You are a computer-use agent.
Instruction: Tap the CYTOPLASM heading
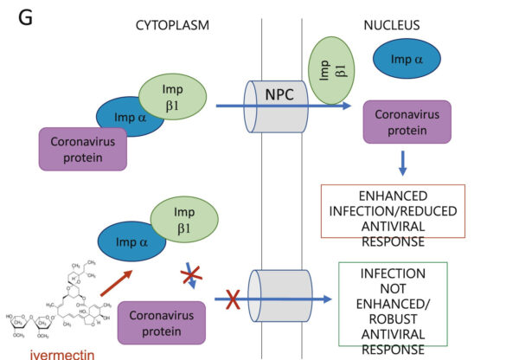(x=173, y=25)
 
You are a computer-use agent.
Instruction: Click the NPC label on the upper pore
(x=284, y=93)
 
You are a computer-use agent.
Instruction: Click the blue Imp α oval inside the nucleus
(x=406, y=59)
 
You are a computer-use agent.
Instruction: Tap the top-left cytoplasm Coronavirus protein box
(x=83, y=147)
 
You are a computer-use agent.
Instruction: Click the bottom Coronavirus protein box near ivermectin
(x=160, y=324)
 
